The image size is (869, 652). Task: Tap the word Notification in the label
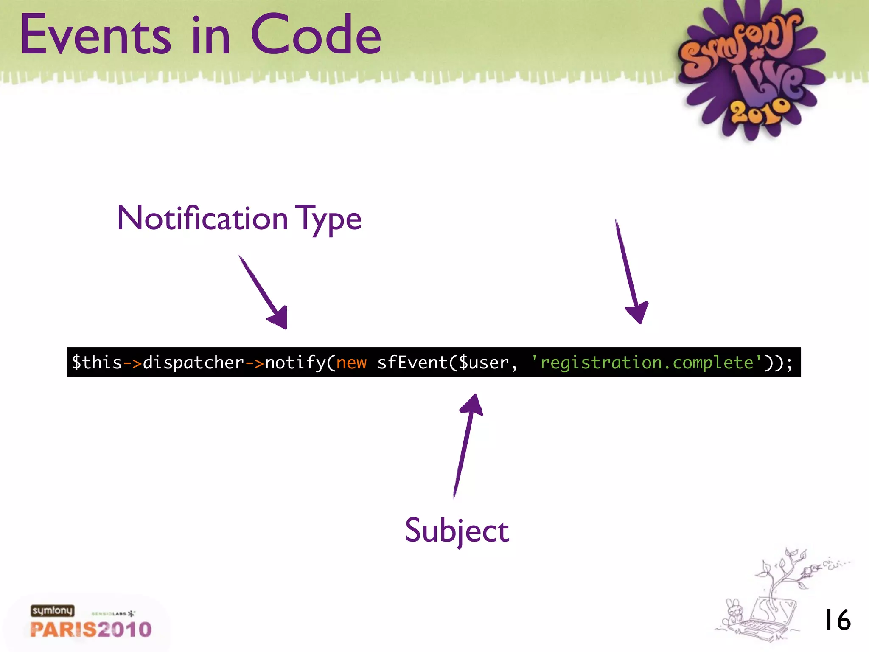pyautogui.click(x=202, y=219)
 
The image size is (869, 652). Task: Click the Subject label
pyautogui.click(x=457, y=531)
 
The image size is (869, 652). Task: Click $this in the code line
pyautogui.click(x=97, y=363)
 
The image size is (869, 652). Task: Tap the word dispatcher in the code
pyautogui.click(x=193, y=363)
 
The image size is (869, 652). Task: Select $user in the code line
pyautogui.click(x=483, y=363)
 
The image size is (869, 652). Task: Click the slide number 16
pyautogui.click(x=837, y=620)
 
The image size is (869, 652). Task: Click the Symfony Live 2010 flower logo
pyautogui.click(x=749, y=70)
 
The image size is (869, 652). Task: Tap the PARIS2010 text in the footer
pyautogui.click(x=91, y=630)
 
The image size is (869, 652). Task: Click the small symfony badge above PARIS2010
pyautogui.click(x=52, y=610)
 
